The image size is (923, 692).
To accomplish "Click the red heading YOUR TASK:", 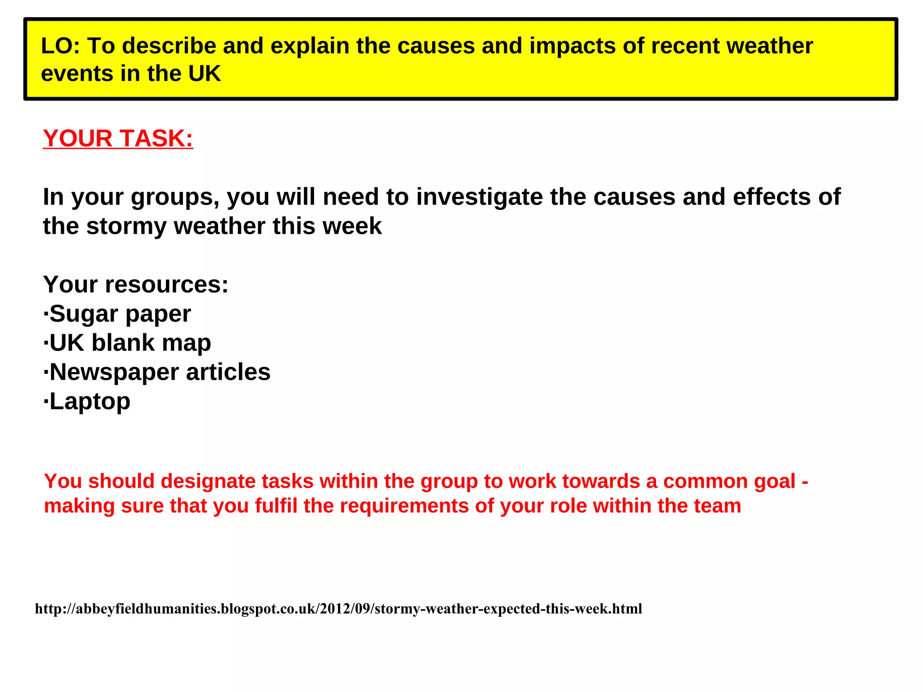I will click(118, 138).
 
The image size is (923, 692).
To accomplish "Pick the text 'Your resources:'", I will click(136, 284).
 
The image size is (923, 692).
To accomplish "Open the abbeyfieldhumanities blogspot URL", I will click(338, 609).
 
